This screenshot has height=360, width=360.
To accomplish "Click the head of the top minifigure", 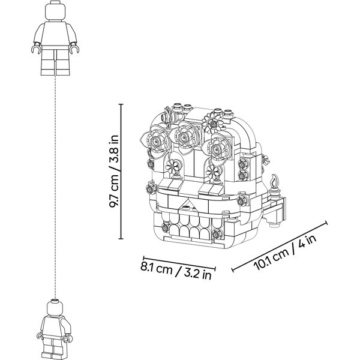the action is [x=55, y=11].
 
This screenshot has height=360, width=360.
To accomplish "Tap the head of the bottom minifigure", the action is [x=55, y=307].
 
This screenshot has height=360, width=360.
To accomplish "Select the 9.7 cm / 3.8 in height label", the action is [x=113, y=171].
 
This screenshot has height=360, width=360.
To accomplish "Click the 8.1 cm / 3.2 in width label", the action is [x=176, y=271].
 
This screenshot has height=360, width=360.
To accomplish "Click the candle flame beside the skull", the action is [x=274, y=181].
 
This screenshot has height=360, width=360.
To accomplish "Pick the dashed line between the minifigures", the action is [x=55, y=187].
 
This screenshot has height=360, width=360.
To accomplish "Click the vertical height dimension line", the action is [x=121, y=171].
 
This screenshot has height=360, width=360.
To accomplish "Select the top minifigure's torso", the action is [x=55, y=34].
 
